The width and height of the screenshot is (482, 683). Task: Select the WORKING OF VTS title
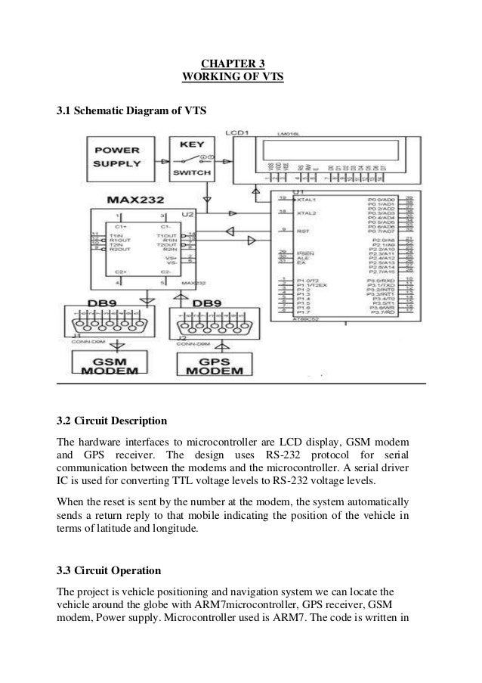232,77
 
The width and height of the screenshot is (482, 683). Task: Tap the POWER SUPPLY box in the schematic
116,157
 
